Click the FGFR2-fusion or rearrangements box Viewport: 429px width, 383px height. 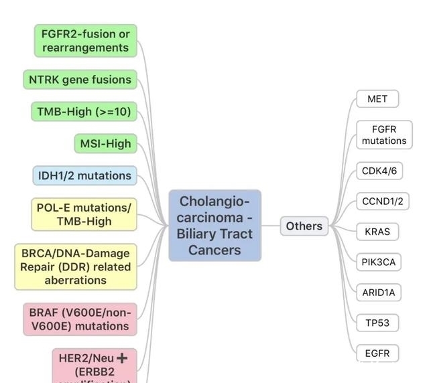[85, 41]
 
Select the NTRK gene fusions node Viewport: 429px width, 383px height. [80, 80]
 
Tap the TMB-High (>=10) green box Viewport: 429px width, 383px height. [84, 112]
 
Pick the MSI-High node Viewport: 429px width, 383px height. [105, 143]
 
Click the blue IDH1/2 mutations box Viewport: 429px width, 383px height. [84, 175]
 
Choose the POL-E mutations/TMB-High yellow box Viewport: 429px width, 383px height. [84, 214]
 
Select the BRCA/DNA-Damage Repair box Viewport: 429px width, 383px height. [76, 266]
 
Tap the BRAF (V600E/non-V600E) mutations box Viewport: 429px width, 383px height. [79, 319]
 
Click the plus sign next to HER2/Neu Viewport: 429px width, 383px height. [122, 358]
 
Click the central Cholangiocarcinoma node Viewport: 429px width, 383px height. [214, 226]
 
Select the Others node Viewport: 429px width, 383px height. [304, 226]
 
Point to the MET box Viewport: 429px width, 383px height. [377, 99]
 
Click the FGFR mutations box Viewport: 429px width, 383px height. [384, 135]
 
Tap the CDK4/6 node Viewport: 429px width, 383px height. [379, 171]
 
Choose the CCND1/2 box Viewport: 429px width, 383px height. [382, 201]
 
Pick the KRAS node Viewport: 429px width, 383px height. [377, 232]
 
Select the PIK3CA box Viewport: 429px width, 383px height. [379, 262]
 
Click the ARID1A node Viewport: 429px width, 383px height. [379, 293]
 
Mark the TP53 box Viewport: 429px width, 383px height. [377, 323]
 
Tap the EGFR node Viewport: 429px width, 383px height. [377, 352]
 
